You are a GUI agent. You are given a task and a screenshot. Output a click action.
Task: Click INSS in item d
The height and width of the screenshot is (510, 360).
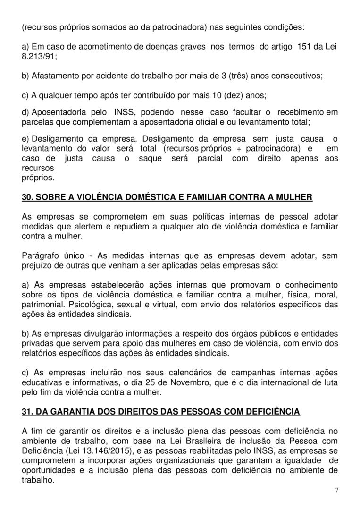[123, 114]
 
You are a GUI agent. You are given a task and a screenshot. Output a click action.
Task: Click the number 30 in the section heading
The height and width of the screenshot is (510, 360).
[27, 197]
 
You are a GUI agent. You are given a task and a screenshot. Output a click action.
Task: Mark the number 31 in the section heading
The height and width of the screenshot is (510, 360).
[27, 412]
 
